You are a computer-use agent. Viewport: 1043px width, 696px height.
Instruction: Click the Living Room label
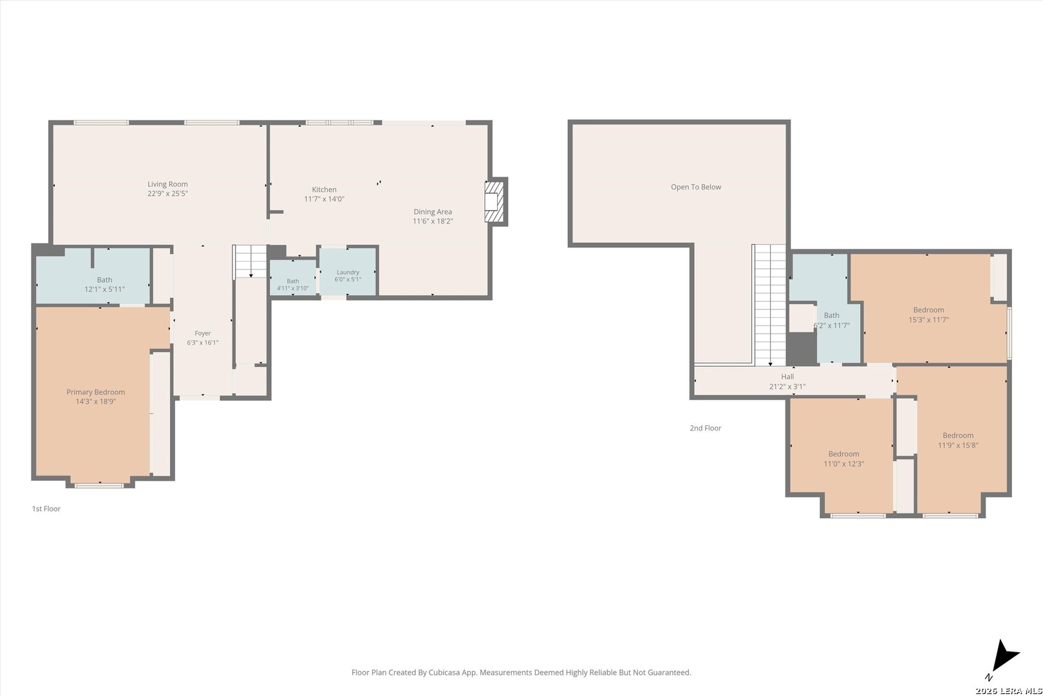click(167, 184)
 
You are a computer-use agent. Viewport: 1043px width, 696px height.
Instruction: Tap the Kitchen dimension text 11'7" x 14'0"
click(324, 199)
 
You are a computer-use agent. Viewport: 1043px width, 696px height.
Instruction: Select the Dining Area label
click(433, 211)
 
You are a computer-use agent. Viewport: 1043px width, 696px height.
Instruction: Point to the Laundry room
click(348, 271)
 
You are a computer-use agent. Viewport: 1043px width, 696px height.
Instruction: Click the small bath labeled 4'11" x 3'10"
click(293, 277)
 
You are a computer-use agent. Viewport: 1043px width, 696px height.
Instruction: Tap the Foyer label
click(203, 333)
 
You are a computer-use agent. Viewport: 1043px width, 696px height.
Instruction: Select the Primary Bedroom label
click(95, 392)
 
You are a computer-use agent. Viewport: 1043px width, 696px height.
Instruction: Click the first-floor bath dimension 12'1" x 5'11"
click(104, 289)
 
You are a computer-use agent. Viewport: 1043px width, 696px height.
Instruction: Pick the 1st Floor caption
click(46, 508)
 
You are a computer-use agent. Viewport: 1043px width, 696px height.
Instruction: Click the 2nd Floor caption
click(706, 428)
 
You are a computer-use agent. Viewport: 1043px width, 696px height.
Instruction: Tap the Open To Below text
click(695, 187)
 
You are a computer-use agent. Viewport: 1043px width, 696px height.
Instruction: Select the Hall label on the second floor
click(787, 376)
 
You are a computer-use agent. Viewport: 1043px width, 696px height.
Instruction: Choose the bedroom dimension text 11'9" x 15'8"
click(958, 445)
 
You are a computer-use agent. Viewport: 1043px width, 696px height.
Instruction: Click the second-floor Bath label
click(831, 316)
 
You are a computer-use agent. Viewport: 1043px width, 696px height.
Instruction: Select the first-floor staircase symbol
click(250, 261)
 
